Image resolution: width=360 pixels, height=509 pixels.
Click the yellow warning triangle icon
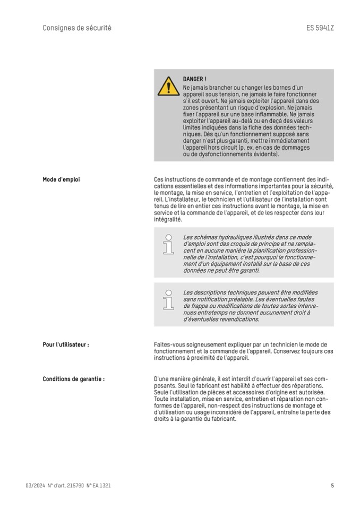point(168,86)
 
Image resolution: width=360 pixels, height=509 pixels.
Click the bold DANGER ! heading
point(195,79)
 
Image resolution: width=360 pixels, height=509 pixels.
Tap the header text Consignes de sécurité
point(77,28)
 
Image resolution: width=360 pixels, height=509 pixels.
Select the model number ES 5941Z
point(320,28)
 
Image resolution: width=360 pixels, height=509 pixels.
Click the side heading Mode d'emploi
point(61,179)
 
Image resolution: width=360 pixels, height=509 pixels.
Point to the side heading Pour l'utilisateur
point(65,344)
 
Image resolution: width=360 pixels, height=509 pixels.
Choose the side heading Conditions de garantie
point(73,379)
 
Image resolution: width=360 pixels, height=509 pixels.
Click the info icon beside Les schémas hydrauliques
point(168,245)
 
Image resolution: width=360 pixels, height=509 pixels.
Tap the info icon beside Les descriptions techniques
point(168,300)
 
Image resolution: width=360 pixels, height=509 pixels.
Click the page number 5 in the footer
point(332,485)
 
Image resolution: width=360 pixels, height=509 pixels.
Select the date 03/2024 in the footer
point(35,485)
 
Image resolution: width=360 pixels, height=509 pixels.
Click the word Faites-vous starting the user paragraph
point(169,344)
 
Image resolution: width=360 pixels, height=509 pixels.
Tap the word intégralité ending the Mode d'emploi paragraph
point(168,219)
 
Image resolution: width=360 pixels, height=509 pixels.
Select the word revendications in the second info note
point(237,319)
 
